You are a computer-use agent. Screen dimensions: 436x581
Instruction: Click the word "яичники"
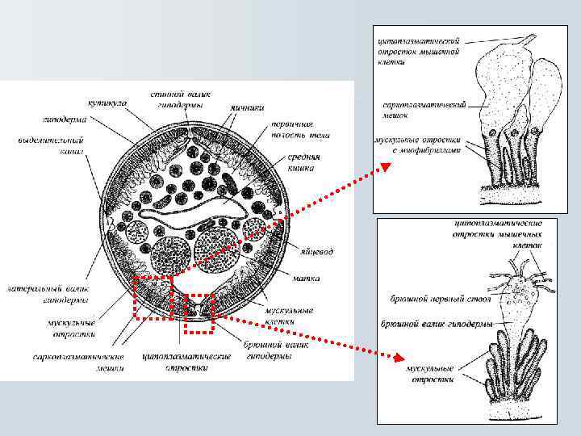[x=247, y=106]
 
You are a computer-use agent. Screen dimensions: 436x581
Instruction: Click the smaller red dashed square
[x=199, y=313]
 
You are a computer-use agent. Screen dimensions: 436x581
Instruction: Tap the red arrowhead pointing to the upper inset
[x=386, y=167]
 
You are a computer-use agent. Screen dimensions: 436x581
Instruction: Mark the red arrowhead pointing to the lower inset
[x=398, y=356]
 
